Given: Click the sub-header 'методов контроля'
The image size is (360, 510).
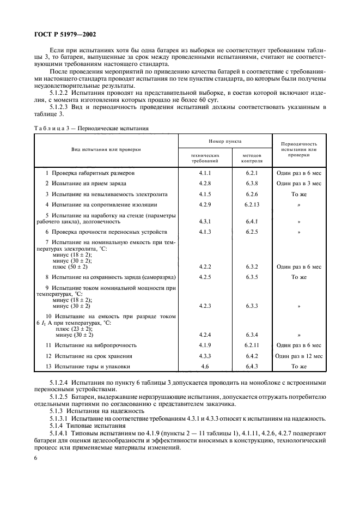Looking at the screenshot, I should click(251, 158).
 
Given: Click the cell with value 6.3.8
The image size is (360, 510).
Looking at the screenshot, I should click(251, 183).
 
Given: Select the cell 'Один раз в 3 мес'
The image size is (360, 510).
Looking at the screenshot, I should click(298, 183).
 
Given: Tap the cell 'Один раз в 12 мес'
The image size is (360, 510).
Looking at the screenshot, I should click(298, 356).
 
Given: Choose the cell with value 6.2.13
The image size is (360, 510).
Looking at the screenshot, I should click(251, 204).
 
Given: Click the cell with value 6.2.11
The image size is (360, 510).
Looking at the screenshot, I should click(251, 345).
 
